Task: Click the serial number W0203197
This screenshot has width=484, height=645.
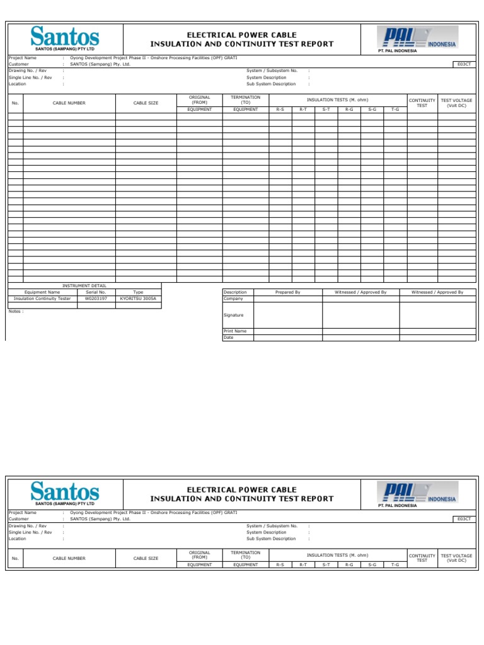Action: pyautogui.click(x=96, y=299)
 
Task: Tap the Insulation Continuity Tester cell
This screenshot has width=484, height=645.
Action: pyautogui.click(x=42, y=299)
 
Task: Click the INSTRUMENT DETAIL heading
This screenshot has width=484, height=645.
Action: pyautogui.click(x=84, y=285)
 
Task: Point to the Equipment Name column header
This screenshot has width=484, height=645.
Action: pyautogui.click(x=42, y=292)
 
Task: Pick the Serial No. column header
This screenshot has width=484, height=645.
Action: pyautogui.click(x=96, y=292)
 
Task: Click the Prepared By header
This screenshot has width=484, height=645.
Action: pyautogui.click(x=288, y=292)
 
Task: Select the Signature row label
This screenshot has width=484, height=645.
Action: pyautogui.click(x=234, y=315)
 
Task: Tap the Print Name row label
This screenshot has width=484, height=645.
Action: pyautogui.click(x=236, y=331)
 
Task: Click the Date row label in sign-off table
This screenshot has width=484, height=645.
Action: pyautogui.click(x=229, y=338)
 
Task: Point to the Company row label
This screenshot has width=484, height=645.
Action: pyautogui.click(x=233, y=299)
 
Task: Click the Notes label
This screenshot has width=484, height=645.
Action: pyautogui.click(x=16, y=311)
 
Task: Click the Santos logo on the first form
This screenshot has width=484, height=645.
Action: pyautogui.click(x=64, y=38)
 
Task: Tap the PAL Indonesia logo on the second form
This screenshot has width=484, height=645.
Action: pyautogui.click(x=417, y=494)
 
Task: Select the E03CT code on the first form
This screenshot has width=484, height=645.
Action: pyautogui.click(x=464, y=64)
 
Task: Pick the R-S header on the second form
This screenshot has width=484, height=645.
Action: pyautogui.click(x=280, y=565)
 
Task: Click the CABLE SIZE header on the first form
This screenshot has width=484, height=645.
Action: pyautogui.click(x=146, y=103)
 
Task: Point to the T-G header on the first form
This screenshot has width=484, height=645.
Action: pyautogui.click(x=395, y=110)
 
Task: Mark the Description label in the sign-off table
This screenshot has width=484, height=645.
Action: pyautogui.click(x=236, y=292)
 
